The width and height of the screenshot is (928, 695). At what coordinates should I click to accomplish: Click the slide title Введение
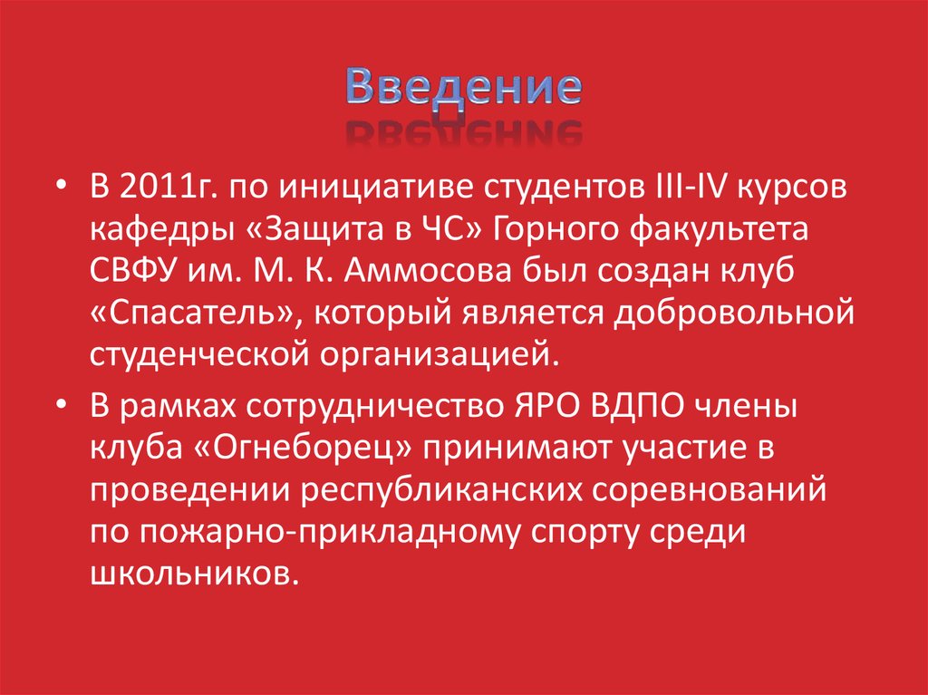click(x=463, y=88)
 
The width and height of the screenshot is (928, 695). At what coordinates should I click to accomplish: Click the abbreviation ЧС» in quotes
click(x=454, y=230)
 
